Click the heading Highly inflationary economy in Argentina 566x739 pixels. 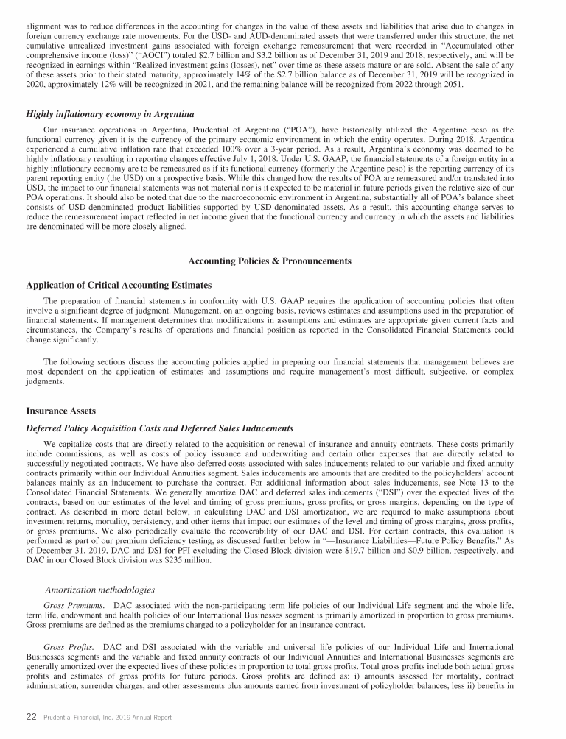pyautogui.click(x=110, y=114)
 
